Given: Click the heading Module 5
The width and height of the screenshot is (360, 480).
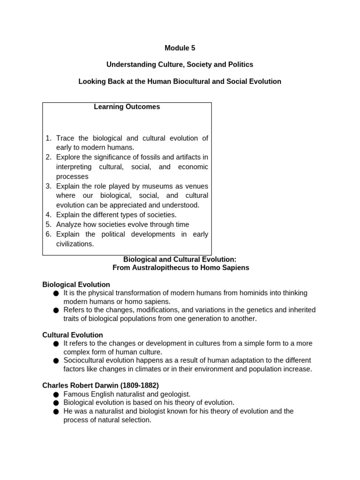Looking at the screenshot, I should pyautogui.click(x=180, y=48).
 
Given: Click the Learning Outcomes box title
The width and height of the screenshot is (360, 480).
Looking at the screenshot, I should pyautogui.click(x=127, y=107).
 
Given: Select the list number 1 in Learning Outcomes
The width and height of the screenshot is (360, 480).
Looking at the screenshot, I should pyautogui.click(x=49, y=138).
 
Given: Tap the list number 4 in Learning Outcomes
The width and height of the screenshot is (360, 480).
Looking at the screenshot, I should pyautogui.click(x=49, y=215).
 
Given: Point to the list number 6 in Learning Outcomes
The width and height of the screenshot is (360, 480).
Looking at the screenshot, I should pyautogui.click(x=49, y=234).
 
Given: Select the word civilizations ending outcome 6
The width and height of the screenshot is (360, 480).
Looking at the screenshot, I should pyautogui.click(x=75, y=244).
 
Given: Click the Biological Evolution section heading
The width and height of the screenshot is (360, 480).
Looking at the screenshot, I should pyautogui.click(x=76, y=285).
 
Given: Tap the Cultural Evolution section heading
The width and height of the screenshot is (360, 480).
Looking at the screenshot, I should pyautogui.click(x=73, y=335).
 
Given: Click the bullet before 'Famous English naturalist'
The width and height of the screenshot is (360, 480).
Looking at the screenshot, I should pyautogui.click(x=56, y=395).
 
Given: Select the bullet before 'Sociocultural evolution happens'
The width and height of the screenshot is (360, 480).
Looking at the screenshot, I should pyautogui.click(x=56, y=361).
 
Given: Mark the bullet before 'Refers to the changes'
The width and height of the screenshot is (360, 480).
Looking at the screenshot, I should pyautogui.click(x=56, y=310).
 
